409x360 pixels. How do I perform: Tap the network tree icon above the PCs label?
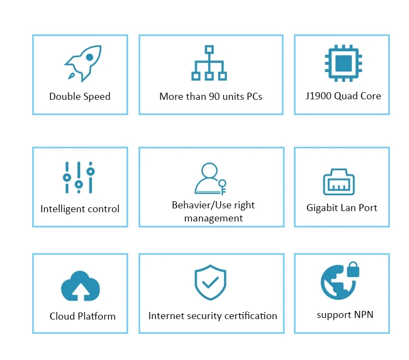point(209,63)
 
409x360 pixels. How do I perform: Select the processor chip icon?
point(342,64)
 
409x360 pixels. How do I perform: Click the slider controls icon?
point(79,177)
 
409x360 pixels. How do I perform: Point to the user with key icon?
point(210,178)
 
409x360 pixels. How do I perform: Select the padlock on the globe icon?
point(352,269)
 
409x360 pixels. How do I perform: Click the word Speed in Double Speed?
point(97,97)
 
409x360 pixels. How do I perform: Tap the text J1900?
point(319,95)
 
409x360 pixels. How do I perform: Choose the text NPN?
point(363,314)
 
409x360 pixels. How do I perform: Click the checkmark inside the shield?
point(210,283)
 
